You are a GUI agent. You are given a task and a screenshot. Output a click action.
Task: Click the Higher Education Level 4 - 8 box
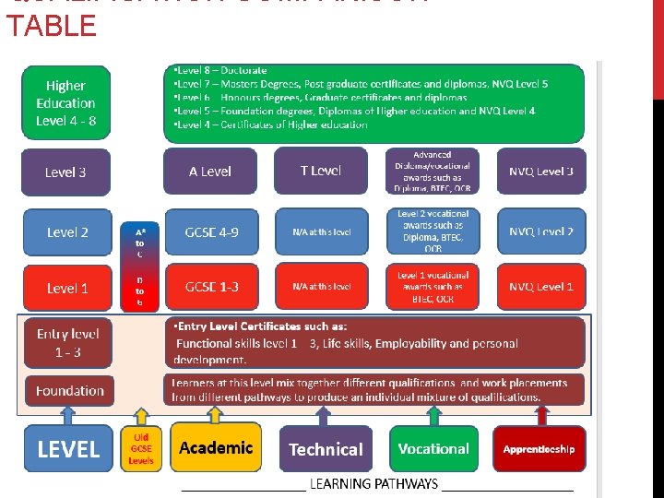tap(65, 103)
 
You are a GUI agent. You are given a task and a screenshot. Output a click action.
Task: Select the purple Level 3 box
tap(65, 172)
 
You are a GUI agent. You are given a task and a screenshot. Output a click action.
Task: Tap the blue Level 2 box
tap(67, 232)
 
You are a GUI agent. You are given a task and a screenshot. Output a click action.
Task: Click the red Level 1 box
tap(67, 288)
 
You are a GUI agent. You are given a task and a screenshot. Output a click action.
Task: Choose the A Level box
tap(210, 172)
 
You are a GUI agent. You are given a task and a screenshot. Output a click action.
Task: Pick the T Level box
tap(321, 171)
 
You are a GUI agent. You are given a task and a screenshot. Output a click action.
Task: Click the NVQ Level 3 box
tap(541, 172)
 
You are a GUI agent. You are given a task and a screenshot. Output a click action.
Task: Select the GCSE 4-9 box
tap(211, 232)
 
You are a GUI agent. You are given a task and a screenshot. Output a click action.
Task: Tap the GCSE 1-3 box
tap(211, 287)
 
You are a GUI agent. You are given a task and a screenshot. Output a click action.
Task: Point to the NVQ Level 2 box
tap(541, 232)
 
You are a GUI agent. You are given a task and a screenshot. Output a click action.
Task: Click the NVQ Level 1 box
tap(541, 287)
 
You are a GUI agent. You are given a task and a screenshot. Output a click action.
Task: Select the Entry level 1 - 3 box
tap(67, 342)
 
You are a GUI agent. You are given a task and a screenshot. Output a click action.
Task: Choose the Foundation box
tap(70, 391)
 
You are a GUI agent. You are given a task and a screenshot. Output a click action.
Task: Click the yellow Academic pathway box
tap(216, 448)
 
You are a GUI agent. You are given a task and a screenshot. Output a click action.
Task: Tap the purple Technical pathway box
tap(326, 449)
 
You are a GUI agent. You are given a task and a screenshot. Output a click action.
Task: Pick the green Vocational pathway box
tap(433, 449)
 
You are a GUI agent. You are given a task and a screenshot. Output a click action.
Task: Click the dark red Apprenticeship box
tap(539, 449)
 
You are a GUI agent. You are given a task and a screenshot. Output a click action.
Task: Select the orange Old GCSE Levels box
tap(141, 448)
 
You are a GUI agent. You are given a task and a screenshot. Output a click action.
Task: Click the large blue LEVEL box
tap(68, 449)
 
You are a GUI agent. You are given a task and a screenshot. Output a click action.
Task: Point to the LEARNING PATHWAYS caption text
tap(373, 483)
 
